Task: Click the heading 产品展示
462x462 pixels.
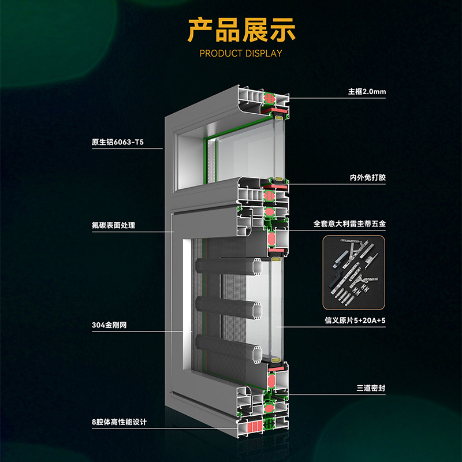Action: coord(242,29)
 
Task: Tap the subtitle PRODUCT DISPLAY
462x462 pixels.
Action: coord(241,54)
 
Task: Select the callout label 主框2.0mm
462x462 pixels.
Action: coord(367,92)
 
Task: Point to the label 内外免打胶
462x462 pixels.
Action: coord(367,178)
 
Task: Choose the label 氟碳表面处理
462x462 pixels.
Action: coord(113,225)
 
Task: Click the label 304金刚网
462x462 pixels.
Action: coord(109,326)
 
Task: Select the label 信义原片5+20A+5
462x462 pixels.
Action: coord(355,319)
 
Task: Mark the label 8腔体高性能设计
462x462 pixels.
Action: coord(119,422)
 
